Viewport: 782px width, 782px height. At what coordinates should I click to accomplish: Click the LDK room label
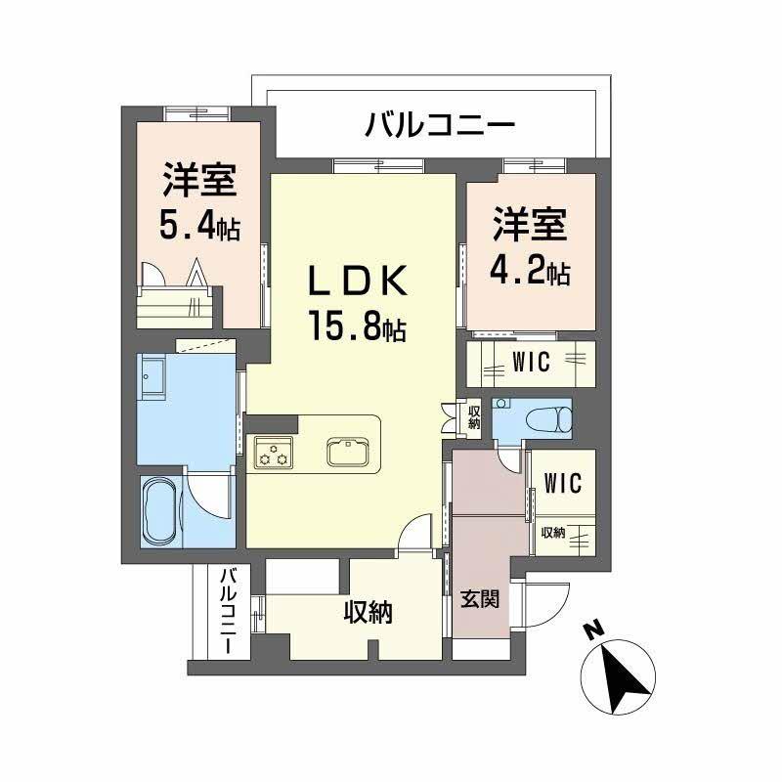pos(356,282)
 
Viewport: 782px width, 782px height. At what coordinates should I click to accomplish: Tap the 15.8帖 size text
pos(357,325)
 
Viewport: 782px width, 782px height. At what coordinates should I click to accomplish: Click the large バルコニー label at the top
pos(440,126)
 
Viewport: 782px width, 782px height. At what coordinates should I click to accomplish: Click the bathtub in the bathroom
pos(160,510)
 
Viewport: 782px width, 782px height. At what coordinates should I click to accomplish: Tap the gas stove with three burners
pos(275,452)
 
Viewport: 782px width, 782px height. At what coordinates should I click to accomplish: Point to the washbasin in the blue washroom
pos(154,377)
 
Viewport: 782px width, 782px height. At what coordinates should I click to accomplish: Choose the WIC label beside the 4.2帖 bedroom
pos(531,362)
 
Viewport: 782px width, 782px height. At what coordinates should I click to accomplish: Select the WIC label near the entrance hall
pos(562,483)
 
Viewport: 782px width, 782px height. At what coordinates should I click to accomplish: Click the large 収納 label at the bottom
pos(368,613)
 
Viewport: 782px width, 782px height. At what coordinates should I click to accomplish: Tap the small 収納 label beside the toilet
pos(473,417)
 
